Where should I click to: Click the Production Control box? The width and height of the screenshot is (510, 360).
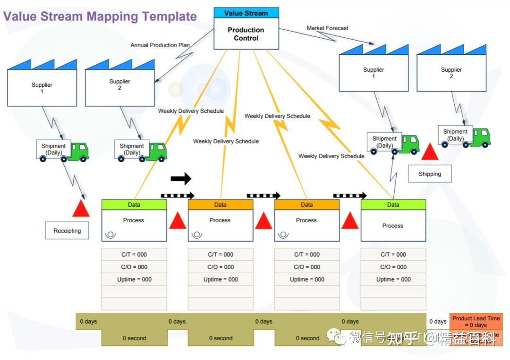click(x=246, y=34)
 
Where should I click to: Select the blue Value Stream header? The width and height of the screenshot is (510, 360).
click(x=246, y=13)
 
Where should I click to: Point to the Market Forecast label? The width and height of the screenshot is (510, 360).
click(x=327, y=28)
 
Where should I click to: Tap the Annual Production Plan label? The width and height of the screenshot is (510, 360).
click(x=160, y=45)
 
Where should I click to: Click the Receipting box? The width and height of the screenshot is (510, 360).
click(x=67, y=231)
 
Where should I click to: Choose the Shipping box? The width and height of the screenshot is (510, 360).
click(x=430, y=174)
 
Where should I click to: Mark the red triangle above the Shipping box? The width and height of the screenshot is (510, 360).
click(x=430, y=152)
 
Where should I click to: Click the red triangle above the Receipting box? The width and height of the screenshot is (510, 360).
click(x=81, y=208)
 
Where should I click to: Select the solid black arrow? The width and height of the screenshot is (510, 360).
click(x=181, y=178)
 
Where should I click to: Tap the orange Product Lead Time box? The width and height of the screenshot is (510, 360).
click(x=476, y=321)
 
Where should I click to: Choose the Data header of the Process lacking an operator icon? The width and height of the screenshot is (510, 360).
click(x=393, y=205)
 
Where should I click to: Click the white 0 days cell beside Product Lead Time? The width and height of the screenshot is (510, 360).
click(x=438, y=321)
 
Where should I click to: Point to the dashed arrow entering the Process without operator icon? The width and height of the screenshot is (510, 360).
click(x=350, y=195)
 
